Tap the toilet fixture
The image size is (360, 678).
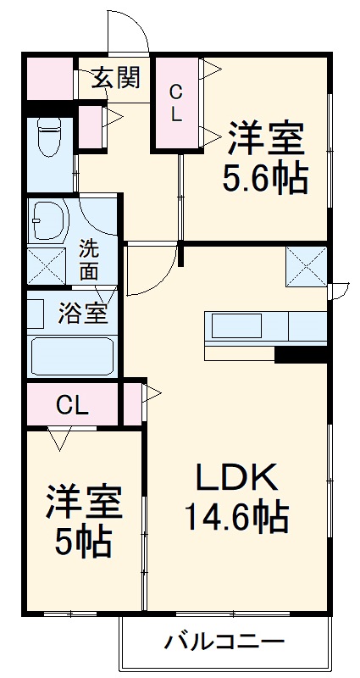(47, 138)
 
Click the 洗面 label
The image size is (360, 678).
(89, 261)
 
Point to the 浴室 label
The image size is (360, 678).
(82, 313)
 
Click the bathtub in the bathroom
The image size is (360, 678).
(72, 356)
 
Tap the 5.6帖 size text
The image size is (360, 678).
(264, 180)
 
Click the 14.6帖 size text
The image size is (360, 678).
(235, 516)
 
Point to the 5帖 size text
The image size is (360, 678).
(84, 543)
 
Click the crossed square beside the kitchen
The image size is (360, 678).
(305, 265)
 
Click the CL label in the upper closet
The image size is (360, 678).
(175, 103)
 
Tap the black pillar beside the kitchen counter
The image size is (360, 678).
(301, 354)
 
